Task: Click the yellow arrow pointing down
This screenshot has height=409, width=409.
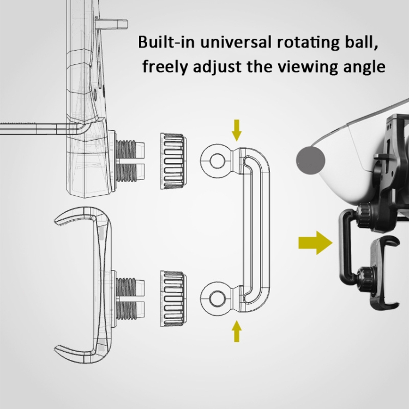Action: tap(236, 130)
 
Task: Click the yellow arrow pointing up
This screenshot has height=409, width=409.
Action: tap(236, 332)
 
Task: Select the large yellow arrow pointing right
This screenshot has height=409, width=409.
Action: tap(316, 242)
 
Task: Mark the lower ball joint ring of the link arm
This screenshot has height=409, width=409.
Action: tap(216, 298)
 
